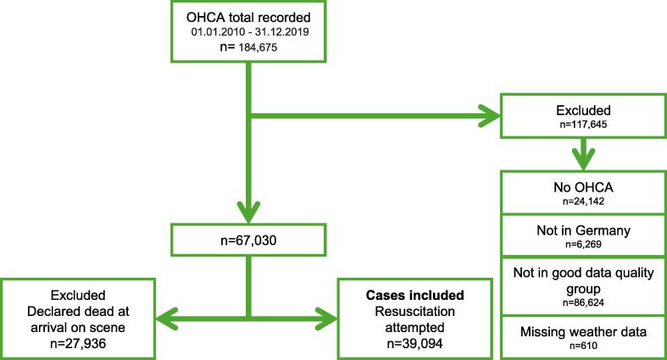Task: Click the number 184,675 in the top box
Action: [x=258, y=47]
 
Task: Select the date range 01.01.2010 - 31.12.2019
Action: [x=250, y=32]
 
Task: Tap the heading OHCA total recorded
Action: [x=248, y=18]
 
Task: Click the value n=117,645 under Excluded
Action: [x=583, y=125]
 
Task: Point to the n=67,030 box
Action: [x=248, y=241]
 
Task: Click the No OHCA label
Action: [x=583, y=187]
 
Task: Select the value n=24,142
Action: [x=583, y=202]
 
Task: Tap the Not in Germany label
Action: [x=583, y=230]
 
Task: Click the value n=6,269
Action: [x=583, y=245]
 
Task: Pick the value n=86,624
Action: [x=583, y=302]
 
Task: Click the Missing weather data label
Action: [x=583, y=331]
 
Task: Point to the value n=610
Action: [x=583, y=346]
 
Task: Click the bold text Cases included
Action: [x=414, y=295]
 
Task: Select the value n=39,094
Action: [x=414, y=343]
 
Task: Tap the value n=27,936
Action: [x=78, y=343]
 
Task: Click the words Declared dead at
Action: [x=78, y=311]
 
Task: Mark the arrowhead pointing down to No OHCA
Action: [x=583, y=160]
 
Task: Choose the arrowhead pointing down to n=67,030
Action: [x=248, y=213]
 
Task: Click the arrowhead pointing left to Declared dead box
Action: [x=167, y=318]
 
